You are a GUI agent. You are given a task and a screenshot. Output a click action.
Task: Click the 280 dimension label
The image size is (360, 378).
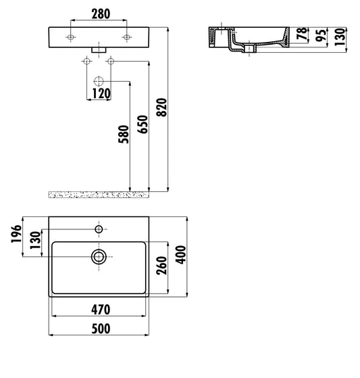coord(99,13)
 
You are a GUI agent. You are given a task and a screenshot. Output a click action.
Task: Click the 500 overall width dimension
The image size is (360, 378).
coord(99,329)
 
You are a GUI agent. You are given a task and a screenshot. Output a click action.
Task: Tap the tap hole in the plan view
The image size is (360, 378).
coord(99,229)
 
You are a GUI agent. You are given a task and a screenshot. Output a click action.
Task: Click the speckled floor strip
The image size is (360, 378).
coord(98,194)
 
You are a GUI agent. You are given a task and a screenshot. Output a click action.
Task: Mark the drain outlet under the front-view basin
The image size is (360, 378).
coord(99,51)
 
